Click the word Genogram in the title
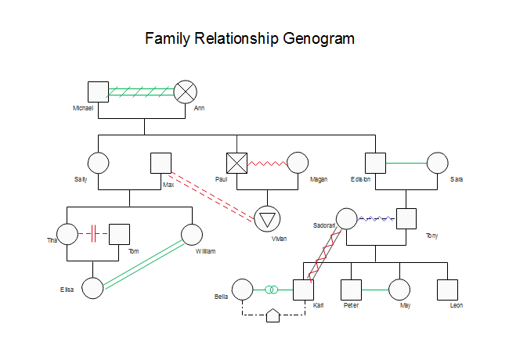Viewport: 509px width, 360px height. click(x=319, y=38)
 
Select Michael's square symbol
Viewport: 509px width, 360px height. click(x=99, y=92)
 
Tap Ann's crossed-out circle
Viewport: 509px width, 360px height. click(x=186, y=92)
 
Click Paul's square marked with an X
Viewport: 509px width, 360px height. click(x=236, y=163)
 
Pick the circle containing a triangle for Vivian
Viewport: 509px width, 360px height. click(x=268, y=219)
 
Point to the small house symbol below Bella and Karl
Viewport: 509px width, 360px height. click(x=273, y=315)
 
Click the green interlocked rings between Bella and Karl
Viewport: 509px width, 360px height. click(x=272, y=290)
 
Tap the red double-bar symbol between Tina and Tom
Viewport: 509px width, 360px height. click(x=93, y=233)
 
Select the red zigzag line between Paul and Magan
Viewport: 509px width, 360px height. click(x=268, y=163)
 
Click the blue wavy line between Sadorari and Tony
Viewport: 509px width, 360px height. click(x=377, y=219)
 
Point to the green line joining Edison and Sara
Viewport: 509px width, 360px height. click(x=406, y=163)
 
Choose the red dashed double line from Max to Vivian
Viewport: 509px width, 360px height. click(x=212, y=197)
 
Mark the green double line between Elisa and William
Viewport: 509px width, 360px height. click(x=143, y=265)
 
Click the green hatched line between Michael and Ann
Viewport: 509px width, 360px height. click(x=141, y=92)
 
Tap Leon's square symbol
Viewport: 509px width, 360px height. click(x=448, y=290)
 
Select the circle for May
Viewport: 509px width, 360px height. click(x=399, y=290)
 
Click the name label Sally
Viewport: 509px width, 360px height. click(x=81, y=179)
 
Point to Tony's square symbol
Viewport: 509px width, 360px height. click(x=406, y=219)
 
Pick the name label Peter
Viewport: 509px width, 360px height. click(x=352, y=305)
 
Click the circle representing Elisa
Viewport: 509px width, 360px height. click(x=92, y=288)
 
